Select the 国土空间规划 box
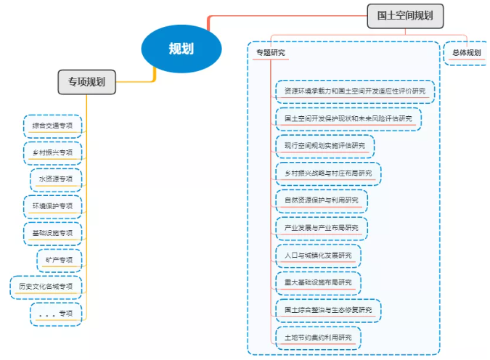(405, 15)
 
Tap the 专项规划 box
(86, 82)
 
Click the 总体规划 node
(466, 53)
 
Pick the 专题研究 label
(270, 53)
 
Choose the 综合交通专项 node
(52, 126)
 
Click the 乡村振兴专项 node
(52, 152)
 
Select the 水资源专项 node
(56, 179)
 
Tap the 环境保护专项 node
(52, 206)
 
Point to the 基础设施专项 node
(52, 233)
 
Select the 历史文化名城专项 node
(46, 287)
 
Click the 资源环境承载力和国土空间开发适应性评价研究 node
(355, 91)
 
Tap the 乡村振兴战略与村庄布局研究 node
(327, 173)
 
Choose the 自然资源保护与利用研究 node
(321, 200)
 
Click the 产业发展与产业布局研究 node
(321, 228)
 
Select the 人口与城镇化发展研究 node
(317, 255)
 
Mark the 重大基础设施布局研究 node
(317, 282)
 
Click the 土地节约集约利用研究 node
(317, 337)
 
